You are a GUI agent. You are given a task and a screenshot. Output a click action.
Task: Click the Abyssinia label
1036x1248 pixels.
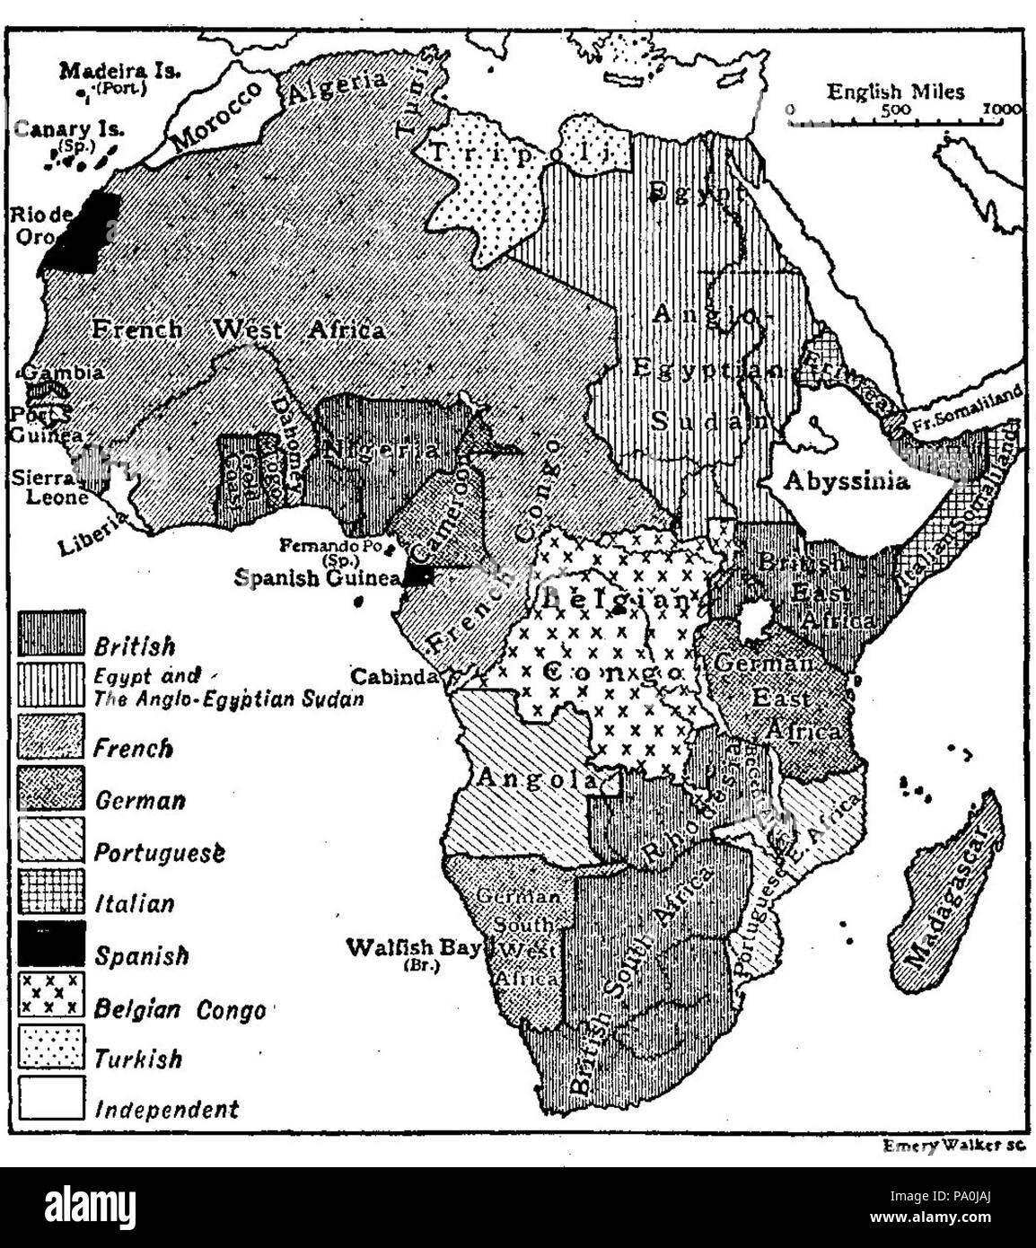coord(846,480)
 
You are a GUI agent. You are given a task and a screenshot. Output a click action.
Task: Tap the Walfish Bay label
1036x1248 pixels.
coord(414,948)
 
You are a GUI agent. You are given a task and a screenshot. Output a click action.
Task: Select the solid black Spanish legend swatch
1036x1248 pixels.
coord(52,944)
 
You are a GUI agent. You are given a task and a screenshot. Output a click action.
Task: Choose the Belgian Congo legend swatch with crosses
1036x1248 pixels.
coord(52,995)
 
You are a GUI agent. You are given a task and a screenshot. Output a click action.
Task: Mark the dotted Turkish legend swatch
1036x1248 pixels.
coord(52,1047)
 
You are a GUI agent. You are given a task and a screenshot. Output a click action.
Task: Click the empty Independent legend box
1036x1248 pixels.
coord(52,1098)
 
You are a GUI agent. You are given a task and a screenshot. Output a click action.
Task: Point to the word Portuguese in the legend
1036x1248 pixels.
coord(159,852)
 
